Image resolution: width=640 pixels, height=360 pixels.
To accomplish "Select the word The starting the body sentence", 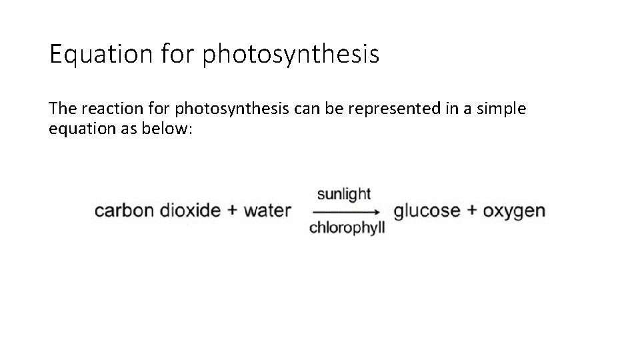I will [x=61, y=108].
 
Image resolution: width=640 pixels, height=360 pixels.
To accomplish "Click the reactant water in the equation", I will [x=267, y=211].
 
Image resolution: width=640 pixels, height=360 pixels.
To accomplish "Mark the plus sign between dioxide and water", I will [x=233, y=211].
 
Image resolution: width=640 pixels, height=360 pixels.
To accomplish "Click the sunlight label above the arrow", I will [x=344, y=194].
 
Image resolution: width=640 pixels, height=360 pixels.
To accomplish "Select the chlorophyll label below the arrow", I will [x=347, y=228].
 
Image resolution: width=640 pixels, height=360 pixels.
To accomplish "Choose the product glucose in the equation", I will [x=427, y=211].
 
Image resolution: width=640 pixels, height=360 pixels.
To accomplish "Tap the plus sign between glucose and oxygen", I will [x=471, y=211].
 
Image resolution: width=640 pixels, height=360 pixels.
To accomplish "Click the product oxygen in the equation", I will [x=514, y=211].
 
